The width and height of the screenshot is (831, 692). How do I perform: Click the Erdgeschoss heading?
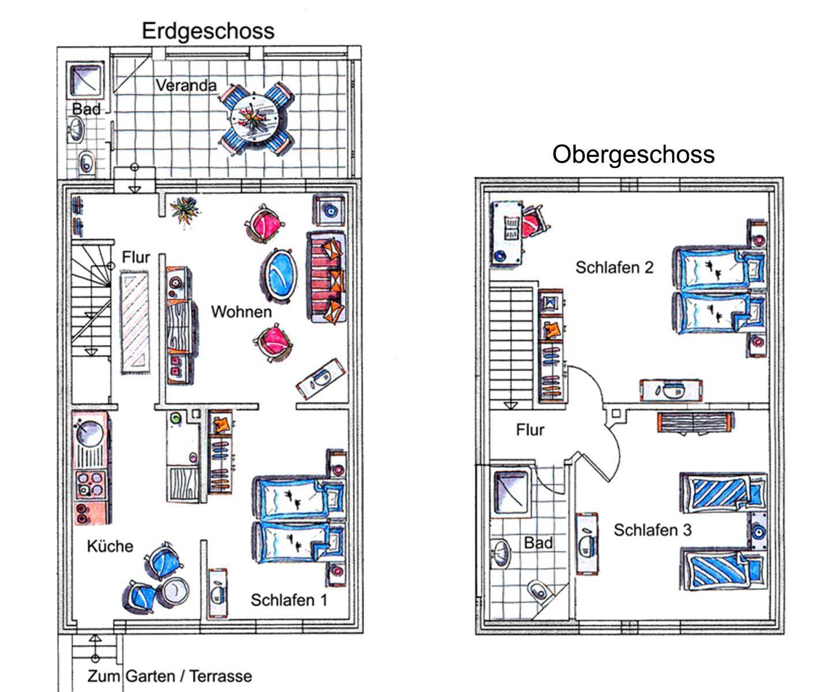[x=208, y=31]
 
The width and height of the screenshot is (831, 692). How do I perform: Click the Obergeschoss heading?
[x=633, y=155]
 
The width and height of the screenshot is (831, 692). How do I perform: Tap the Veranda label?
[x=186, y=86]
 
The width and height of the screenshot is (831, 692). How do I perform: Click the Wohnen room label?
[x=241, y=312]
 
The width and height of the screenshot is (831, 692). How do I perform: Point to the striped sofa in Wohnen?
[x=327, y=277]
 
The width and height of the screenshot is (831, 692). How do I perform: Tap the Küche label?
[x=110, y=546]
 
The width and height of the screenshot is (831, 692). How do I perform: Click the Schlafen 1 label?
[x=289, y=600]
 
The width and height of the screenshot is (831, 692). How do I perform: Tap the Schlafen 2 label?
[x=614, y=268]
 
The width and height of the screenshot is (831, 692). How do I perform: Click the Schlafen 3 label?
[x=652, y=530]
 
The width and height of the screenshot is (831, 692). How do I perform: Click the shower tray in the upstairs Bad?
[x=510, y=491]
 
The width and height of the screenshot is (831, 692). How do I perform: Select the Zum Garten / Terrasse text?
[x=170, y=676]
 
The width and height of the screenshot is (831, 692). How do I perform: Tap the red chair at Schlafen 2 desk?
[x=533, y=224]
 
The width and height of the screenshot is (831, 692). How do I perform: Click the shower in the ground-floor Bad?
[x=85, y=80]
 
